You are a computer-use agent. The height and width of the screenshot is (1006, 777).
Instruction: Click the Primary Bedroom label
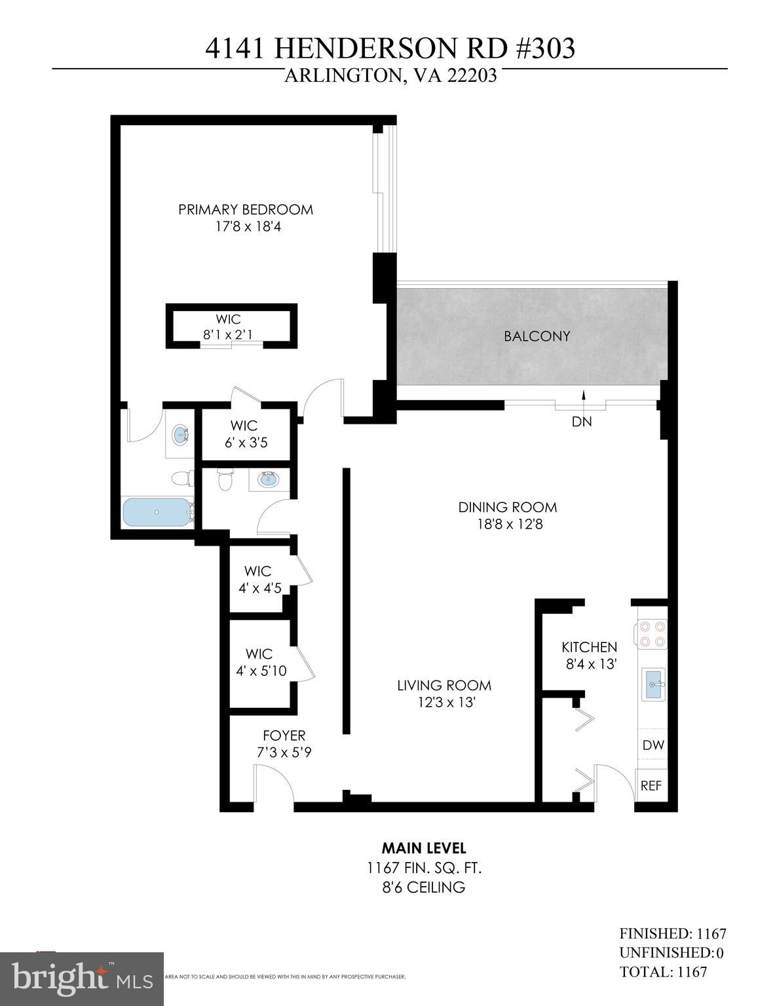246,210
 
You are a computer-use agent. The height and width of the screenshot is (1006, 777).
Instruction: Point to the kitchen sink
653,684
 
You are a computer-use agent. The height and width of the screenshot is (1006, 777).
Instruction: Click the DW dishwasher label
653,745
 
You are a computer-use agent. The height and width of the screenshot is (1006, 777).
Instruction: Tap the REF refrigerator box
651,785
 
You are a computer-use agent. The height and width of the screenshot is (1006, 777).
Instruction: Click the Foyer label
284,736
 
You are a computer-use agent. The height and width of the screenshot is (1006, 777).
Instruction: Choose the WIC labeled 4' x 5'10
259,662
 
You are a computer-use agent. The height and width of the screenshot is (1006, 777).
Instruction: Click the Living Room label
444,686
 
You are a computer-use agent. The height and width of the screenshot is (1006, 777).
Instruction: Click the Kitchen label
589,647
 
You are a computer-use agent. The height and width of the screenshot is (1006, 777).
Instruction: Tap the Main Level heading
424,848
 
